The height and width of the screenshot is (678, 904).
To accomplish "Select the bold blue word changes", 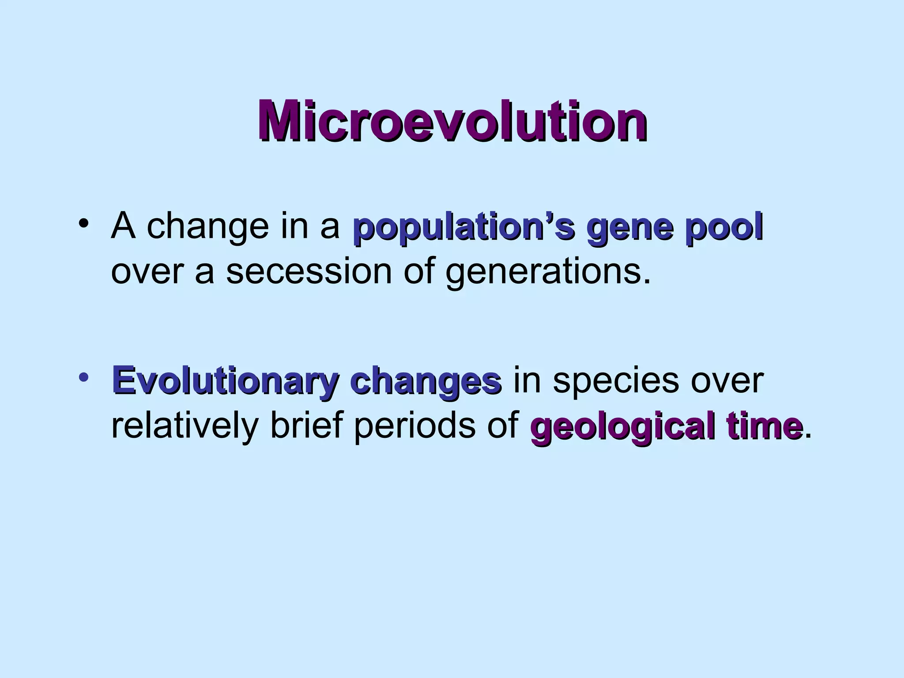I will tap(425, 382).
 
